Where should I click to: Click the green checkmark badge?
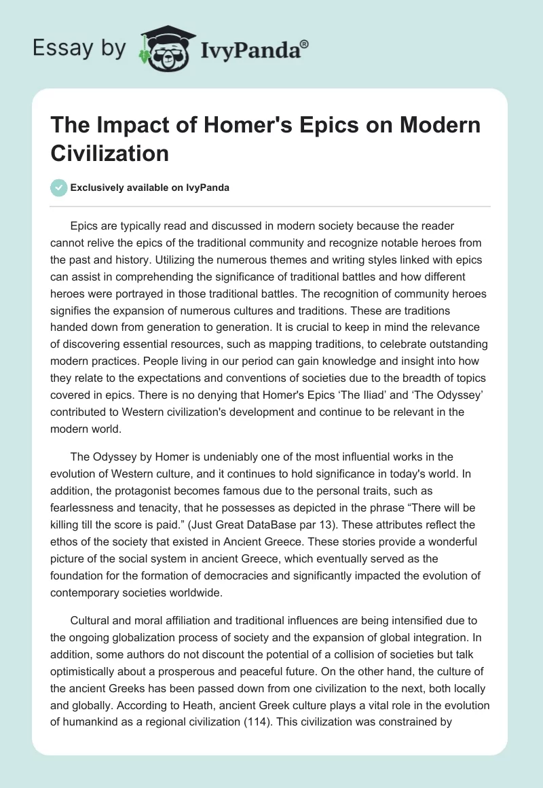pyautogui.click(x=59, y=187)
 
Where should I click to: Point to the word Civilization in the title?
pyautogui.click(x=110, y=153)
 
